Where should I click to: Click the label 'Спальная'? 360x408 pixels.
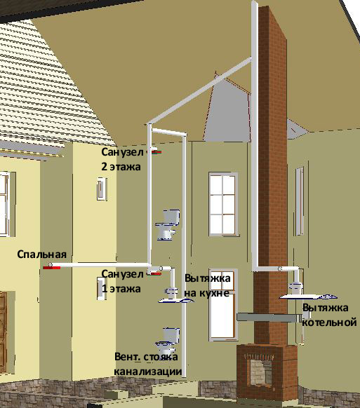tap(41, 254)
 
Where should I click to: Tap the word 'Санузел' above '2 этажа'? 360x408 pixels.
tap(122, 152)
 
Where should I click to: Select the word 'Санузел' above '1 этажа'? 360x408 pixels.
tap(122, 274)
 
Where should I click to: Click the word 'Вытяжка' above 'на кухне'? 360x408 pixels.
tap(207, 278)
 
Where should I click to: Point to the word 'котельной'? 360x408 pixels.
tap(329, 322)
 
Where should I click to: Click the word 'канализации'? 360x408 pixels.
tap(147, 372)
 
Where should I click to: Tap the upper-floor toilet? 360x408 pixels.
tap(168, 224)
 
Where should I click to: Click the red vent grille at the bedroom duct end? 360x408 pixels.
tap(51, 268)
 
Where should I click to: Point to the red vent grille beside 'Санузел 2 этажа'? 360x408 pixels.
tap(156, 152)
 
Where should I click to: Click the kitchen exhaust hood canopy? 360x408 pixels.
tap(176, 301)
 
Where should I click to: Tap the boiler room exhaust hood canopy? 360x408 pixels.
tap(308, 297)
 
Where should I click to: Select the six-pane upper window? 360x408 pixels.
tap(223, 204)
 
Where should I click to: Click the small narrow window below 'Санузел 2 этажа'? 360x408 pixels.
tap(102, 189)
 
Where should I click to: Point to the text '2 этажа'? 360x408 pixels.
tap(121, 167)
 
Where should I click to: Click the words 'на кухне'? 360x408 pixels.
tap(207, 293)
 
